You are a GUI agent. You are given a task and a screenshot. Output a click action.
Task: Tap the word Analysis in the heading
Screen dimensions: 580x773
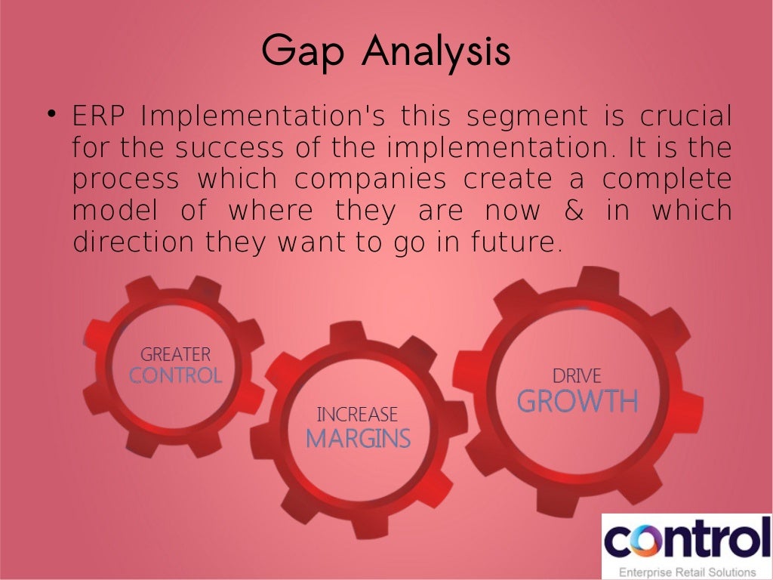pyautogui.click(x=436, y=52)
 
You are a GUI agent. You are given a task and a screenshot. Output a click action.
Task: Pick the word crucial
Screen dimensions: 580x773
pyautogui.click(x=685, y=118)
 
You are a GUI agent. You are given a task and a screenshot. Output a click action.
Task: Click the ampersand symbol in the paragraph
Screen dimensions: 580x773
pyautogui.click(x=573, y=211)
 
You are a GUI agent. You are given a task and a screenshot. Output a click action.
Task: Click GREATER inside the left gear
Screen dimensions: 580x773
pyautogui.click(x=175, y=354)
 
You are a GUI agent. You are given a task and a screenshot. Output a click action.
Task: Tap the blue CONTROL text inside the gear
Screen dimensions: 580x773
pyautogui.click(x=175, y=375)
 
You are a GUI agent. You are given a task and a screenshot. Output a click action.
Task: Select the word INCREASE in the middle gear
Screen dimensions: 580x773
pyautogui.click(x=357, y=415)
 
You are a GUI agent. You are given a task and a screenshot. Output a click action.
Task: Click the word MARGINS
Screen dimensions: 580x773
pyautogui.click(x=358, y=438)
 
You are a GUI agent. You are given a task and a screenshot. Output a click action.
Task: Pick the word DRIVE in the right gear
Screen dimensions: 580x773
pyautogui.click(x=577, y=375)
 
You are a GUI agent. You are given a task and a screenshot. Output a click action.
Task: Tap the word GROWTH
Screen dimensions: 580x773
pyautogui.click(x=577, y=402)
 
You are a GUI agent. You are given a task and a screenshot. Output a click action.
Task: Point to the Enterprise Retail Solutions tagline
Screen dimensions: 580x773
pyautogui.click(x=687, y=572)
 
